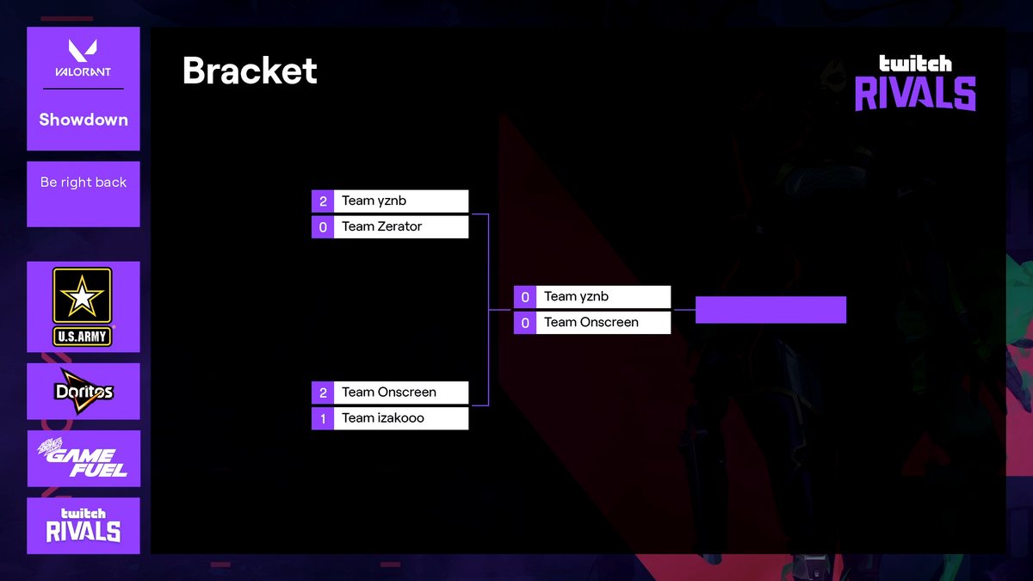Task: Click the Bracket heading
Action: point(250,71)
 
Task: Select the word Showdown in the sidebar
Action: point(84,120)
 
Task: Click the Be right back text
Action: point(84,182)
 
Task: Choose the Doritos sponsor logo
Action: point(84,392)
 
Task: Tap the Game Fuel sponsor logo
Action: point(84,459)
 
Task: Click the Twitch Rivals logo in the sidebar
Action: point(84,525)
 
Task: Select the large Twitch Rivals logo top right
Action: point(915,83)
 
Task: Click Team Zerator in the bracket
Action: point(382,226)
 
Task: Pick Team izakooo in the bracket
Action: point(383,417)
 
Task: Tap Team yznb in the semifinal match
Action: point(374,201)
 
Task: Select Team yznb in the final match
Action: point(576,296)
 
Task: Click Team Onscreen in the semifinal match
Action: point(389,392)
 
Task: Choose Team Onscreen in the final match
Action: point(591,322)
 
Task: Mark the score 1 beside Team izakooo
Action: point(323,418)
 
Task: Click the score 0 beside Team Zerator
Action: point(323,227)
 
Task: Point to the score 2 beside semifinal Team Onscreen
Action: point(323,392)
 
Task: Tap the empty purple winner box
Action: point(770,310)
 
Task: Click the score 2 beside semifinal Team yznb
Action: point(323,201)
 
